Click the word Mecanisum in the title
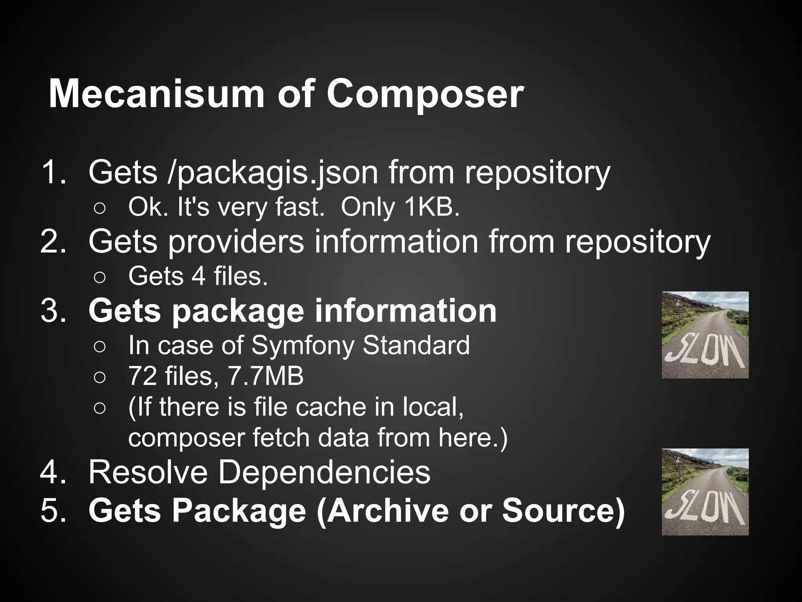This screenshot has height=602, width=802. click(157, 94)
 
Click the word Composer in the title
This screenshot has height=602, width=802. click(425, 94)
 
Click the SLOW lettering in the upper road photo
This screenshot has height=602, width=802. click(705, 355)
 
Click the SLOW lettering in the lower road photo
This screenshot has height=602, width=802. click(705, 511)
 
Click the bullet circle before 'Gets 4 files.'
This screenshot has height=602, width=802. click(99, 277)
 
